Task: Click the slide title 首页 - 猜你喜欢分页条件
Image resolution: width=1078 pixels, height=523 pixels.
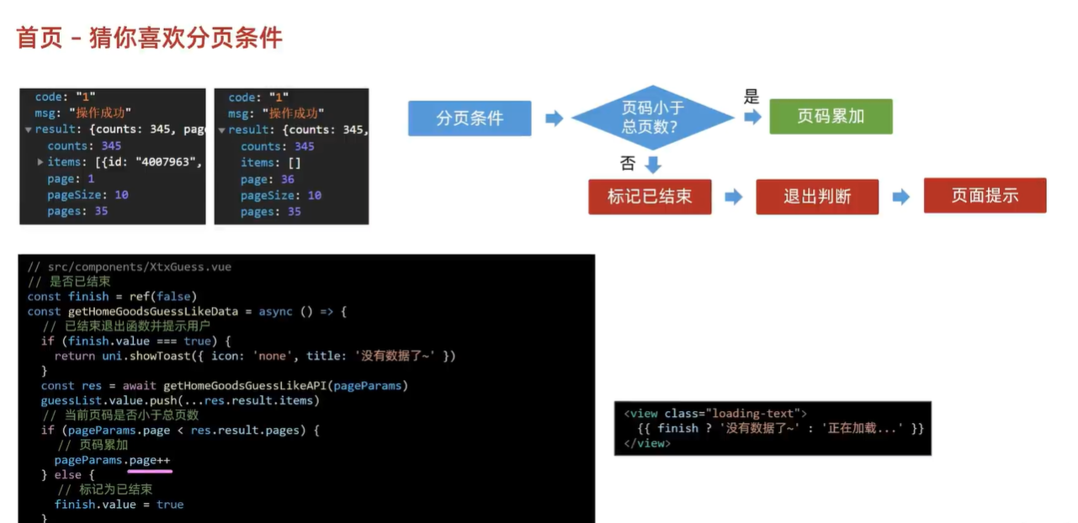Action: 150,38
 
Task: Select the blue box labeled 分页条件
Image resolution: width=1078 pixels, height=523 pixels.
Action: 470,119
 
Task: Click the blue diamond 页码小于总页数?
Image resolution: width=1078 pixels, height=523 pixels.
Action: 652,118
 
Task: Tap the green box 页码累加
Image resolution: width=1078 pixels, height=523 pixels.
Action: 831,117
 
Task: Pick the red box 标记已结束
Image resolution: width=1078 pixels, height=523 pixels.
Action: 650,197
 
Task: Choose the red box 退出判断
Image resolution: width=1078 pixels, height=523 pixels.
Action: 817,197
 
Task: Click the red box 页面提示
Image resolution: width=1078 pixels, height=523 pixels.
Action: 985,196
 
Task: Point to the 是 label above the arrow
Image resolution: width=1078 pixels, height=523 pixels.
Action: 751,96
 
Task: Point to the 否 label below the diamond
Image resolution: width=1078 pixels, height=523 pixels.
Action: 627,162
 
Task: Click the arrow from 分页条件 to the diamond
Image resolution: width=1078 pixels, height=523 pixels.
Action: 554,119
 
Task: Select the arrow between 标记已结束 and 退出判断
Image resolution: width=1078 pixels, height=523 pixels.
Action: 734,197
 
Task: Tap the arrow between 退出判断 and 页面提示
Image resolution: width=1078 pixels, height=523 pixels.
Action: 901,197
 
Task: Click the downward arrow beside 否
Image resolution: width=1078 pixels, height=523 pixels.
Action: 653,163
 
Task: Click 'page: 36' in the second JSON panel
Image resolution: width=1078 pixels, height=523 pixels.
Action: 267,179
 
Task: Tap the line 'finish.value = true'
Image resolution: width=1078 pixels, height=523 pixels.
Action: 119,505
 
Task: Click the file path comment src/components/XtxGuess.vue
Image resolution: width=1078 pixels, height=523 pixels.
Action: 130,267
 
